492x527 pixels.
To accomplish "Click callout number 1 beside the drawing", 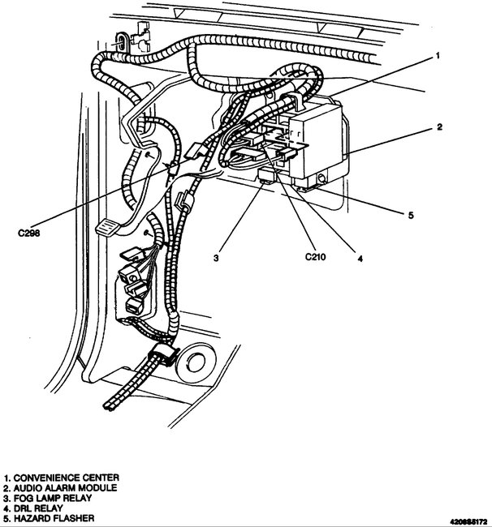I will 438,56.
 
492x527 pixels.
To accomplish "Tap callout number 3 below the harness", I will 217,258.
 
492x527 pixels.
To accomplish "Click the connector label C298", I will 30,234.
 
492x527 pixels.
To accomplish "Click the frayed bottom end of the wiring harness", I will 109,403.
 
